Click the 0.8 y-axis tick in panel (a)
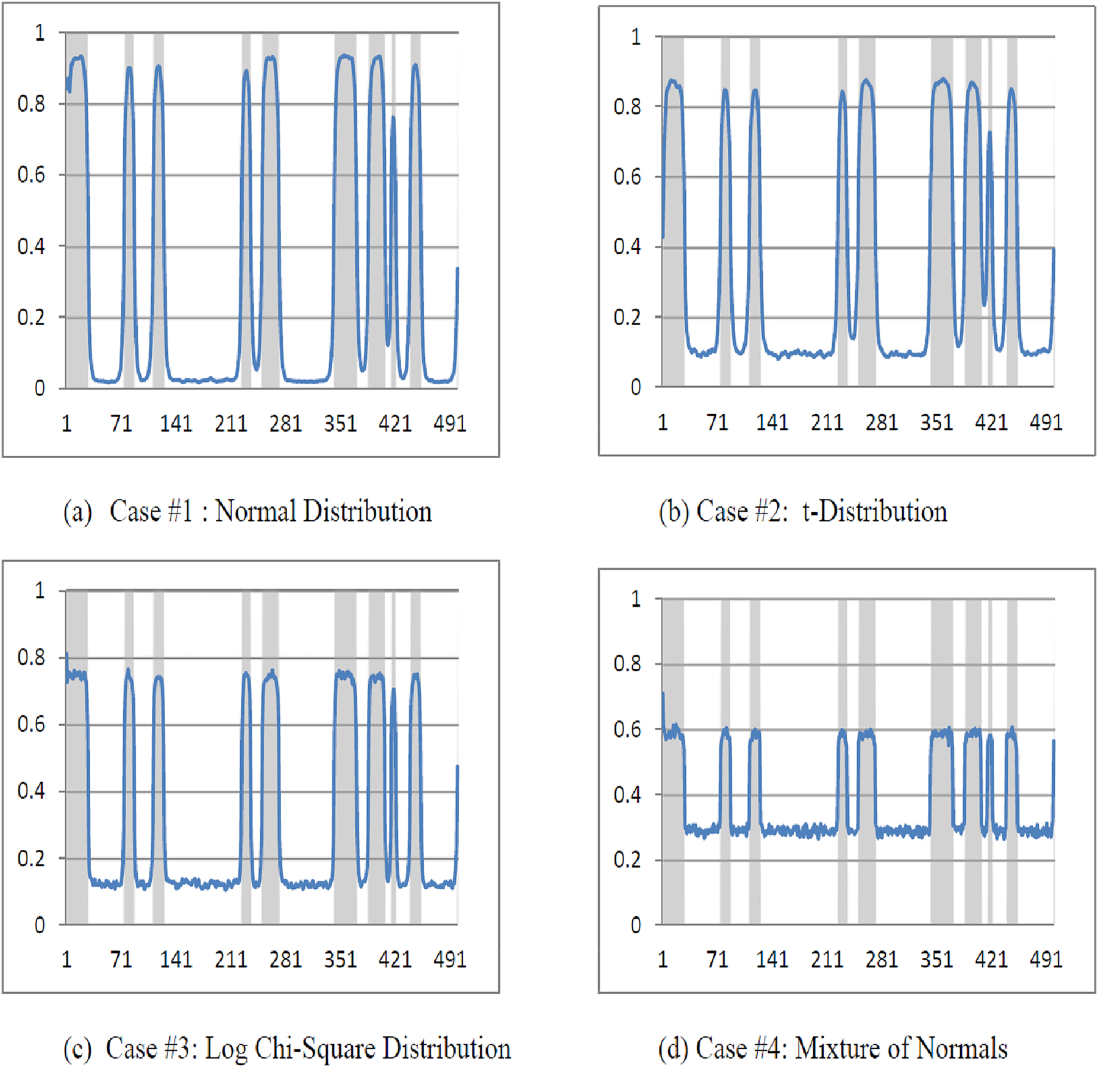(31, 104)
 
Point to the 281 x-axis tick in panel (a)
(285, 423)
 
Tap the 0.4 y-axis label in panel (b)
(627, 247)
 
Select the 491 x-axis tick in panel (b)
(1046, 422)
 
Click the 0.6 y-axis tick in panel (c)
(31, 724)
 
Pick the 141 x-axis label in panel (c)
(176, 959)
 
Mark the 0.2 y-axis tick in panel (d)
(627, 860)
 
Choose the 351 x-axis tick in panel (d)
(936, 959)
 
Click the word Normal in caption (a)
(255, 511)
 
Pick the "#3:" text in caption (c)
(180, 1048)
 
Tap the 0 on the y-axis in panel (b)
(636, 387)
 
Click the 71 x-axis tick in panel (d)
(717, 959)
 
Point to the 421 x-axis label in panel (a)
(394, 423)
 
